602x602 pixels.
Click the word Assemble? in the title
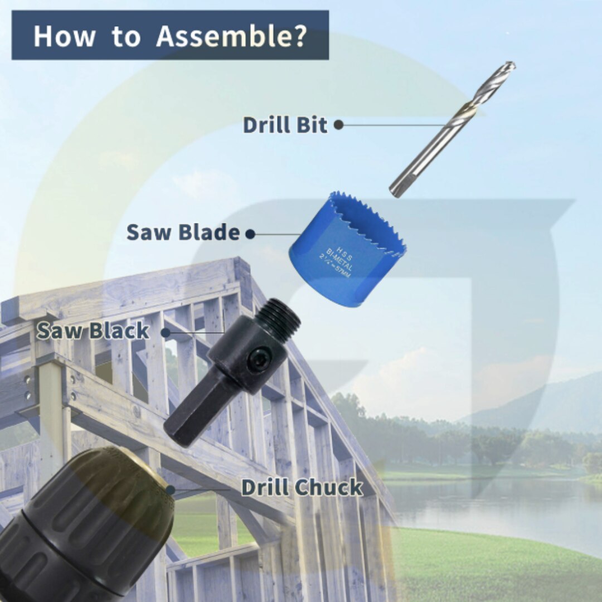[x=231, y=36]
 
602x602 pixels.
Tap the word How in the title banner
[x=64, y=36]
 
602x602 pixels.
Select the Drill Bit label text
[x=285, y=125]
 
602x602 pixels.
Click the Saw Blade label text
[x=183, y=232]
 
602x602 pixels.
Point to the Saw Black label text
[x=93, y=331]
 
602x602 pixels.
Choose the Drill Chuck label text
[x=302, y=487]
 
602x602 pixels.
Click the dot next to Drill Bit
[x=338, y=124]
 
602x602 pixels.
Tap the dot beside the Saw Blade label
[x=250, y=234]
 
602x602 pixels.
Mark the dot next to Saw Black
[x=166, y=332]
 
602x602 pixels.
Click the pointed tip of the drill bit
[x=512, y=65]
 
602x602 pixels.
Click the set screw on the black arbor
[x=257, y=360]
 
